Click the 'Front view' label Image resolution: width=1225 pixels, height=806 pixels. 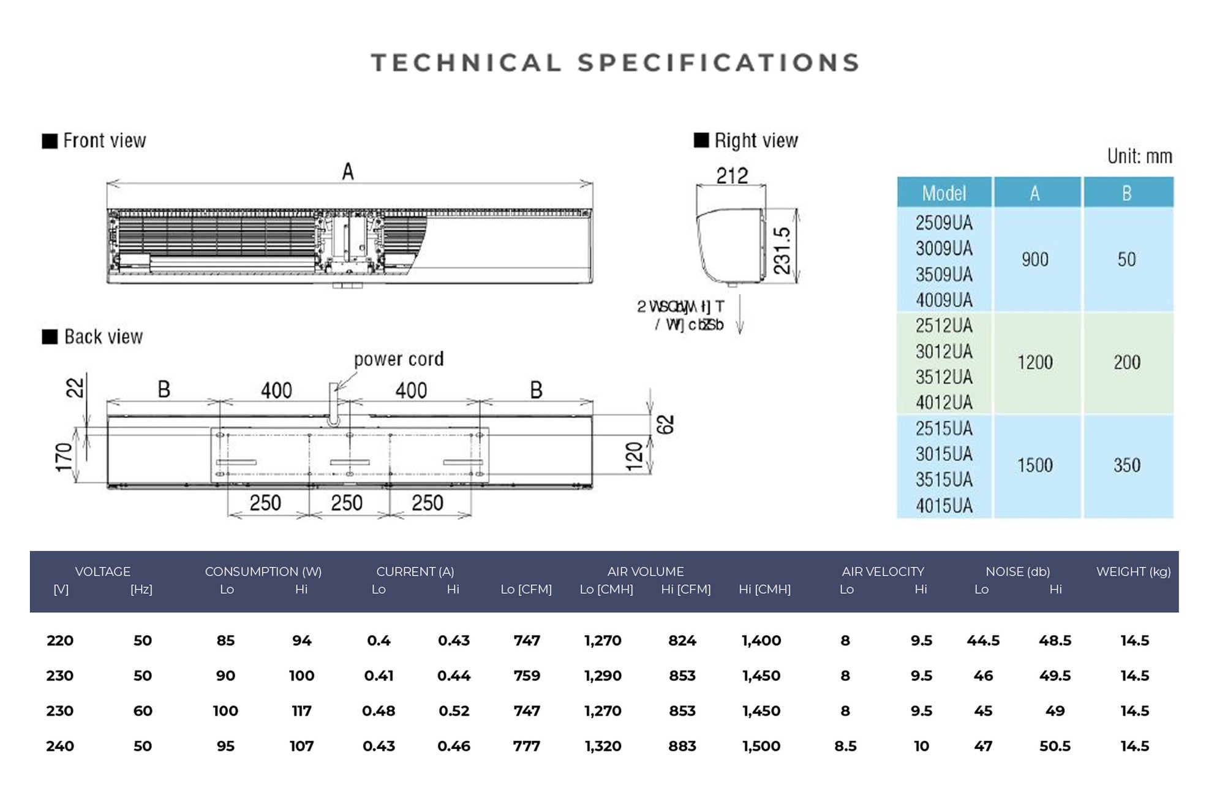(x=104, y=141)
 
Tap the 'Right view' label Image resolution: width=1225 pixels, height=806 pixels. (x=755, y=141)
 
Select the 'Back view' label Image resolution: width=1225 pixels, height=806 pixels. (x=103, y=337)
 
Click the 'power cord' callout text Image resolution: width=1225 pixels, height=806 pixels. (x=398, y=359)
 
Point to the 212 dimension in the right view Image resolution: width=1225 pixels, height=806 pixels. (x=732, y=176)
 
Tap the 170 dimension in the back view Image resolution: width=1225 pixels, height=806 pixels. (x=64, y=457)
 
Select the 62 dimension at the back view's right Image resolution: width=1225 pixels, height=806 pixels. (x=666, y=424)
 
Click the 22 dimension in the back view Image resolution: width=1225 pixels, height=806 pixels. (x=75, y=387)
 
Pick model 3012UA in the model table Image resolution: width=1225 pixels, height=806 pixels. (x=944, y=351)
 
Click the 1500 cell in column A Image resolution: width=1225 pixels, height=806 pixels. (x=1035, y=465)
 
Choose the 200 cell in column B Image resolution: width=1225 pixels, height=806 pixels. (x=1127, y=362)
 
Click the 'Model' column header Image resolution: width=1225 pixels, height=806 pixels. (x=944, y=194)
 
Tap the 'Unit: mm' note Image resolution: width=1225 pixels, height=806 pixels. (x=1139, y=156)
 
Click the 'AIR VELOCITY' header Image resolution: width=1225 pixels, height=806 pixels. (x=883, y=572)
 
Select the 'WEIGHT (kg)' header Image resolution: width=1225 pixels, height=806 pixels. (x=1133, y=572)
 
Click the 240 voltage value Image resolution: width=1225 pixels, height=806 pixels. (x=60, y=746)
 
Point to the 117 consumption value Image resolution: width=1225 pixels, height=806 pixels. (x=301, y=711)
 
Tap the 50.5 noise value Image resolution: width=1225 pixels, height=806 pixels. (x=1055, y=746)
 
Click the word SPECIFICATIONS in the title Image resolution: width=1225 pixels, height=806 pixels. (x=718, y=63)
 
